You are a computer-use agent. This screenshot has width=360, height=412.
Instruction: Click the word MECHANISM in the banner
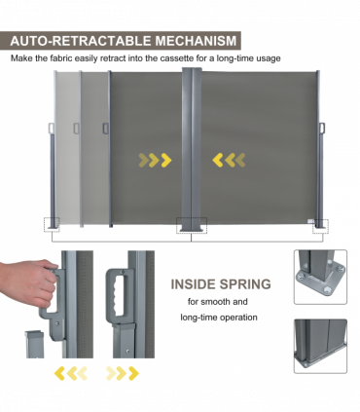coord(196,41)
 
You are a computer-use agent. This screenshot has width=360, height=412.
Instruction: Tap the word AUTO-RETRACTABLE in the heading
coord(81,41)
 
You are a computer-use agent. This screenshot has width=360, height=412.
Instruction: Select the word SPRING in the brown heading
coord(246,284)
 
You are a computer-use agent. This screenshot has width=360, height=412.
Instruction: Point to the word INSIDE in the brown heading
coord(194,284)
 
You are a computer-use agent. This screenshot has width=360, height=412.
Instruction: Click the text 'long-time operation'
coord(219,318)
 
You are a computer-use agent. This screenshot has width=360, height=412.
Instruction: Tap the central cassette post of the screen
coord(192,149)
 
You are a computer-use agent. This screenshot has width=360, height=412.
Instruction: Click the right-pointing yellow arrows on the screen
coord(155,160)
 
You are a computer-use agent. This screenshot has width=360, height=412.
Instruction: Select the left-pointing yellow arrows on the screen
coord(229,160)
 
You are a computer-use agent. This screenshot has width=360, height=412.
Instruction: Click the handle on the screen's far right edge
coord(322,128)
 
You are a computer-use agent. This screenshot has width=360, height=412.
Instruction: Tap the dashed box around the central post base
coord(192,225)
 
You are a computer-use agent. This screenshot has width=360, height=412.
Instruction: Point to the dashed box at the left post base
coord(52,225)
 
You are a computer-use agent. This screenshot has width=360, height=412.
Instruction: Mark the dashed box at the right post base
coord(320,226)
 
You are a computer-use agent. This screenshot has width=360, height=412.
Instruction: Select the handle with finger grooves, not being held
coord(119,296)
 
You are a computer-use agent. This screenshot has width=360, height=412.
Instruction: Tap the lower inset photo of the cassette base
coord(320,346)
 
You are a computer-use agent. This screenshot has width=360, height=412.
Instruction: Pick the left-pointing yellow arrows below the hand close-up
coord(71,373)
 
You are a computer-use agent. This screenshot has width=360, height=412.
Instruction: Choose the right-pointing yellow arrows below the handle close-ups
coord(123,373)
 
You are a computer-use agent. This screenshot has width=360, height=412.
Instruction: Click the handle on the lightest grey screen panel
coord(51,128)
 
